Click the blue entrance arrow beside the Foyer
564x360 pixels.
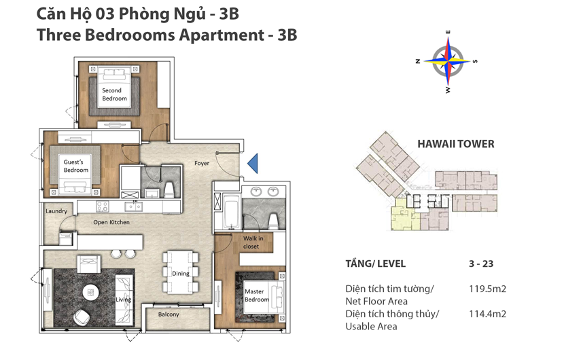[253, 163]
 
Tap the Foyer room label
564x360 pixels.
[201, 163]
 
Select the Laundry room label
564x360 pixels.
[56, 211]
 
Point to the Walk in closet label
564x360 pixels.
[253, 242]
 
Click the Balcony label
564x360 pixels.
[169, 314]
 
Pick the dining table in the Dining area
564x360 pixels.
[181, 272]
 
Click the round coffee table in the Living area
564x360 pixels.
[90, 292]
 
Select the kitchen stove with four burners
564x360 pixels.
[102, 206]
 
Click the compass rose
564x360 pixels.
[447, 62]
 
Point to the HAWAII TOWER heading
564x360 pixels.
[456, 144]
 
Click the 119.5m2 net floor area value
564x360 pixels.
[487, 289]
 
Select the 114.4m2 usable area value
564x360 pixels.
[487, 314]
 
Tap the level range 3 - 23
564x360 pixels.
[481, 264]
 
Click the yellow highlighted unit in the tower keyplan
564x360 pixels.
[405, 215]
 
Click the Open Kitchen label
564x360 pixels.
[111, 222]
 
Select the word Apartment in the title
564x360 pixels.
[222, 35]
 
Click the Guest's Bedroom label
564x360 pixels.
[75, 166]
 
